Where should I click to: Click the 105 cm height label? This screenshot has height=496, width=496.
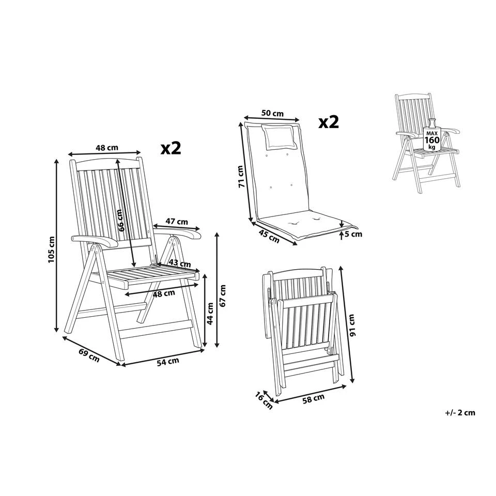(x=51, y=249)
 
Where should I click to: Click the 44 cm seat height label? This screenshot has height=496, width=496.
(x=210, y=313)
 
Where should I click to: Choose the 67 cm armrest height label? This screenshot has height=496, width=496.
(x=223, y=295)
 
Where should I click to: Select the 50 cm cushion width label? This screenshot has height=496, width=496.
(x=272, y=113)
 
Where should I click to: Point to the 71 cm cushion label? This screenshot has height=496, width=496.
(x=240, y=177)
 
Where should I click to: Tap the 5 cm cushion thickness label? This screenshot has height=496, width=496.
(x=353, y=234)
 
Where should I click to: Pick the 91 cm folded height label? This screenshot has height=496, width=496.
(x=352, y=324)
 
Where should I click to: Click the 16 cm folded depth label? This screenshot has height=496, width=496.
(x=263, y=400)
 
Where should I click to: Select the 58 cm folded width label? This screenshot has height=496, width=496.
(x=314, y=397)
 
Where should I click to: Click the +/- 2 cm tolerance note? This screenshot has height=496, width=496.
(x=459, y=412)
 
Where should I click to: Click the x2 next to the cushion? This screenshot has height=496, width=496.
(x=328, y=122)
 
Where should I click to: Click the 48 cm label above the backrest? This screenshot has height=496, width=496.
(x=107, y=147)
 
